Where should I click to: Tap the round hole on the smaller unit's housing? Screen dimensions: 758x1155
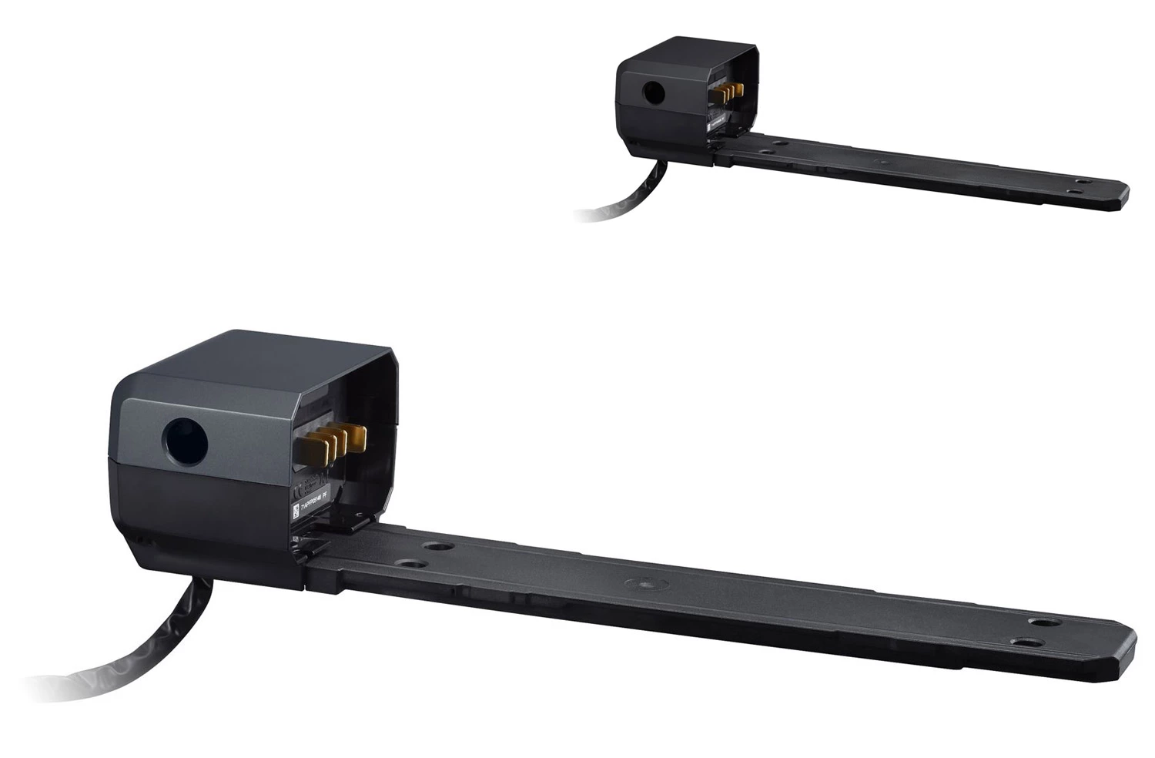point(653,93)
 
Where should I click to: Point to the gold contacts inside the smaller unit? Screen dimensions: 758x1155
point(728,93)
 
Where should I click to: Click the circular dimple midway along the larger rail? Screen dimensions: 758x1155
point(638,584)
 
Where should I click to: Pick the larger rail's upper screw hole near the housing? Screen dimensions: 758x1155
point(437,546)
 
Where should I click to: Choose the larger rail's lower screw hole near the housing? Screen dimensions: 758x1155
point(408,563)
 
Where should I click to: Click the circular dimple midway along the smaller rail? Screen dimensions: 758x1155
point(881,162)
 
